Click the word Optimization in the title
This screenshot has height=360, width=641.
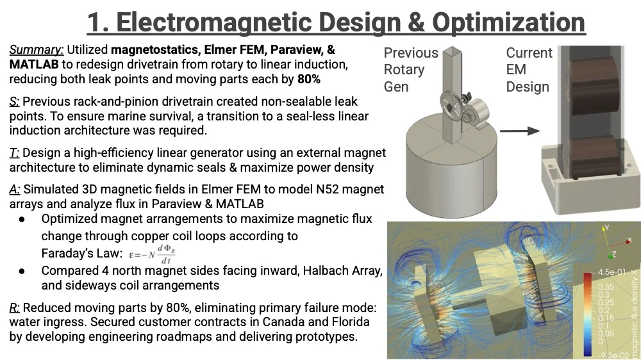tap(508, 22)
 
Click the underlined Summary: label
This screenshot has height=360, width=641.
tap(37, 50)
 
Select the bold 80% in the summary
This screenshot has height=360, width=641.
tap(309, 79)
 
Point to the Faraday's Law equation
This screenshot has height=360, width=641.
tap(152, 254)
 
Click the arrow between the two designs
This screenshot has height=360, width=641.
tap(520, 131)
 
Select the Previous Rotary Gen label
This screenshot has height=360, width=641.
tap(411, 69)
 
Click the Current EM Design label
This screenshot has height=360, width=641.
tap(529, 69)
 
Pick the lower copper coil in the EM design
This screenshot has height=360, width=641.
tap(595, 157)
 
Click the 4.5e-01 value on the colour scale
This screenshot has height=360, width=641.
tap(612, 272)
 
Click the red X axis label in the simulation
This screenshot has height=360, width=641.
tap(629, 241)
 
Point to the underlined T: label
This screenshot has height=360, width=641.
tap(14, 153)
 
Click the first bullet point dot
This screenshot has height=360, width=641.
tap(22, 220)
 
